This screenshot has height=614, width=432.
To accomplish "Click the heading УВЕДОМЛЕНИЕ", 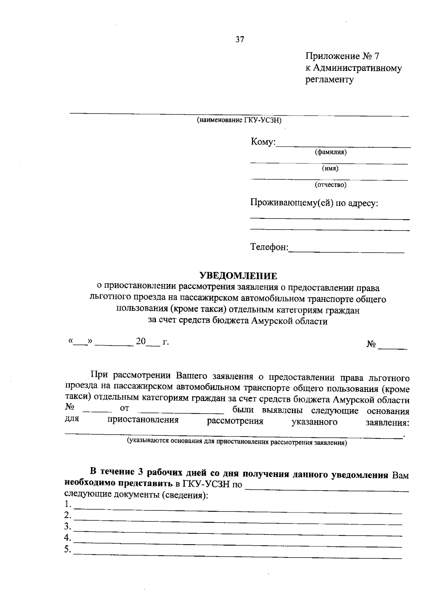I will point(238,276).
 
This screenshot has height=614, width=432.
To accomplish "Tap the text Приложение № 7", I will point(342,57).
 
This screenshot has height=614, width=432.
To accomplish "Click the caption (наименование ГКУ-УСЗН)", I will point(239,120).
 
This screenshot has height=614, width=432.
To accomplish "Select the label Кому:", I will point(263,142).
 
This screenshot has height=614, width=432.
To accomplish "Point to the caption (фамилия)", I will point(330,152).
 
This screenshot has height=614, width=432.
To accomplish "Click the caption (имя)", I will point(330,168).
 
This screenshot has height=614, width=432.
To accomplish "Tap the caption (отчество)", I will point(330,185).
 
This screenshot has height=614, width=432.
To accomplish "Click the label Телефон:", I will point(269,247).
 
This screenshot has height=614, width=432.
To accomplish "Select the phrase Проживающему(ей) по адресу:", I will point(314,203).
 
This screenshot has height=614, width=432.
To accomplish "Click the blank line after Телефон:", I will point(346,252).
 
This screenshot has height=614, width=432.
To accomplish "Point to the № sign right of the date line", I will point(371,344).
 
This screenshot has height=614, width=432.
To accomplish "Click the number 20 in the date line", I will point(140,341).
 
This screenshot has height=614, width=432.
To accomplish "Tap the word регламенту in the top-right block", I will point(329,80).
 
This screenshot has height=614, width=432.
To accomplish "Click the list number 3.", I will point(67,527).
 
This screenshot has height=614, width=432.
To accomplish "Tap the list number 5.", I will point(67,550).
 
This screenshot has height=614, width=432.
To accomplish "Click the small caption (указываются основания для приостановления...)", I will point(237,442).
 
